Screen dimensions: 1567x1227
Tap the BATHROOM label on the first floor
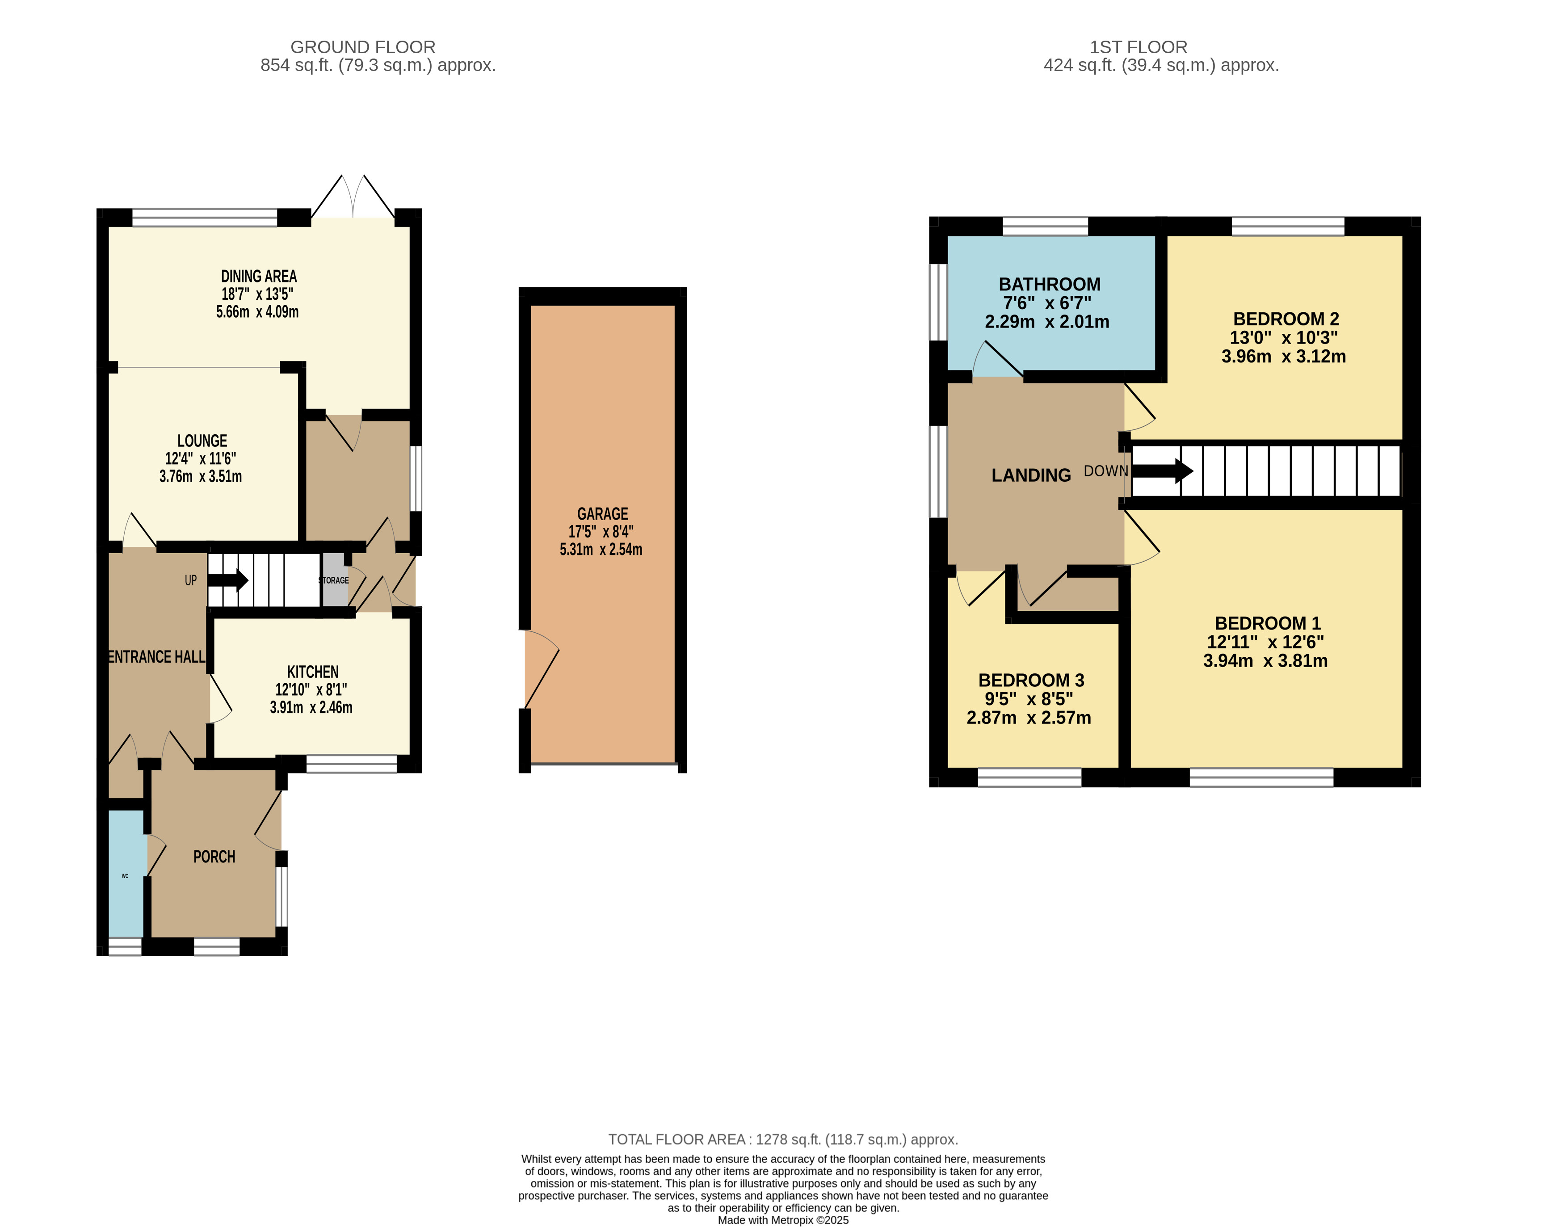point(1049,285)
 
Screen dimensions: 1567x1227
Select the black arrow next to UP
point(228,580)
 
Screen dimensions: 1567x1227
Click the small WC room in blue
point(126,874)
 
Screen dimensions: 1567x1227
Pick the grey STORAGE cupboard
point(335,580)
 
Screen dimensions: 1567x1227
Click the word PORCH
point(214,856)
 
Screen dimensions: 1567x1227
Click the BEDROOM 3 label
point(1031,681)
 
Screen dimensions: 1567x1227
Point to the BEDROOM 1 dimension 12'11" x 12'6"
point(1265,642)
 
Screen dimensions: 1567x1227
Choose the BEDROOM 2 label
point(1286,319)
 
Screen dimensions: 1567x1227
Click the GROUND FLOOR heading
point(363,47)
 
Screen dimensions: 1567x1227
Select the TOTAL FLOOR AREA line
point(783,1139)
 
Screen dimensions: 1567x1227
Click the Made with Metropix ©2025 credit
point(783,1220)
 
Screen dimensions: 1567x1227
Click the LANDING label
point(1031,475)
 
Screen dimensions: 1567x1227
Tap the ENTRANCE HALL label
point(157,656)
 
